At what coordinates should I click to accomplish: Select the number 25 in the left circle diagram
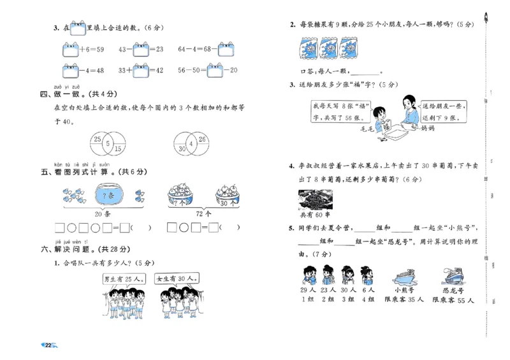click(98, 139)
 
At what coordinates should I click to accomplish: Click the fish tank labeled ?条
click(106, 194)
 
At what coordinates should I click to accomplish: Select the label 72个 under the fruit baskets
click(205, 213)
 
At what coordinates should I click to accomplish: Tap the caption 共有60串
click(315, 214)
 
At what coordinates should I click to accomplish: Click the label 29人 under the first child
click(309, 290)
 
